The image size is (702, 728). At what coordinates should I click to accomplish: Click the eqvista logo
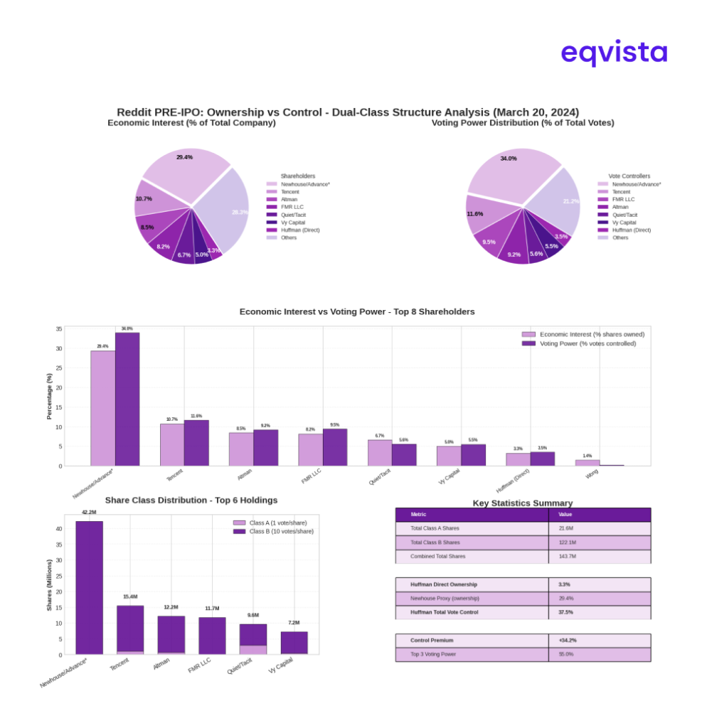click(613, 53)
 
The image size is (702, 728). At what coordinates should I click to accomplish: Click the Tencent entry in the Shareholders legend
click(289, 192)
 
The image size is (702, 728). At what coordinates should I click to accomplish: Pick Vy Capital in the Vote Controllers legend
click(624, 223)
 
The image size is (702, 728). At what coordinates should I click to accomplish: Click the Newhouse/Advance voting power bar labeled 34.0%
click(127, 398)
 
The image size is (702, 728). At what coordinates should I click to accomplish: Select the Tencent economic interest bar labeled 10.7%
click(171, 444)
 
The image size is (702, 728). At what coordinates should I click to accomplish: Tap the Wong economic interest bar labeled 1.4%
click(587, 463)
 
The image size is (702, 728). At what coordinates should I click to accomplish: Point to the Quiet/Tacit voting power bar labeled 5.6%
click(404, 455)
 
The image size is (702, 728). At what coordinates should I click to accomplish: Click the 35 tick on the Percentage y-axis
click(58, 329)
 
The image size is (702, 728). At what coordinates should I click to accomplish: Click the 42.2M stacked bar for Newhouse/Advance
click(89, 587)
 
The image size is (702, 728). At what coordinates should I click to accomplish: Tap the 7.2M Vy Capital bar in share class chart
click(294, 643)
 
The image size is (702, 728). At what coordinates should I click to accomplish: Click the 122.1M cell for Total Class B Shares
click(567, 542)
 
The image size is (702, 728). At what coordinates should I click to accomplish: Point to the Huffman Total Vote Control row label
click(444, 612)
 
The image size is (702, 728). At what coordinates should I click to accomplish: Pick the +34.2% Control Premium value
click(567, 641)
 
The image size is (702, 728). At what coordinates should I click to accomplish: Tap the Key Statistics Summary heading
click(522, 503)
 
